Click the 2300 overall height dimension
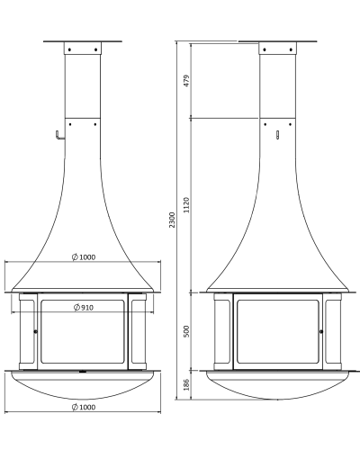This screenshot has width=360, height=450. click(172, 220)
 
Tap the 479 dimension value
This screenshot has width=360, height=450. click(186, 81)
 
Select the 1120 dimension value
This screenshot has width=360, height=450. click(186, 205)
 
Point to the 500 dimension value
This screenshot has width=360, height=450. click(186, 331)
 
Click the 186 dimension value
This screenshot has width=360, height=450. click(186, 384)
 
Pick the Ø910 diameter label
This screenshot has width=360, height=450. click(84, 308)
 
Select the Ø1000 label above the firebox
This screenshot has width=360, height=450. click(84, 257)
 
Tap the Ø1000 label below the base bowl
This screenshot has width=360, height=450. click(84, 407)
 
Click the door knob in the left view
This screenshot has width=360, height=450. click(36, 331)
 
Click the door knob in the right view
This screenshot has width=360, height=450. click(321, 331)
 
